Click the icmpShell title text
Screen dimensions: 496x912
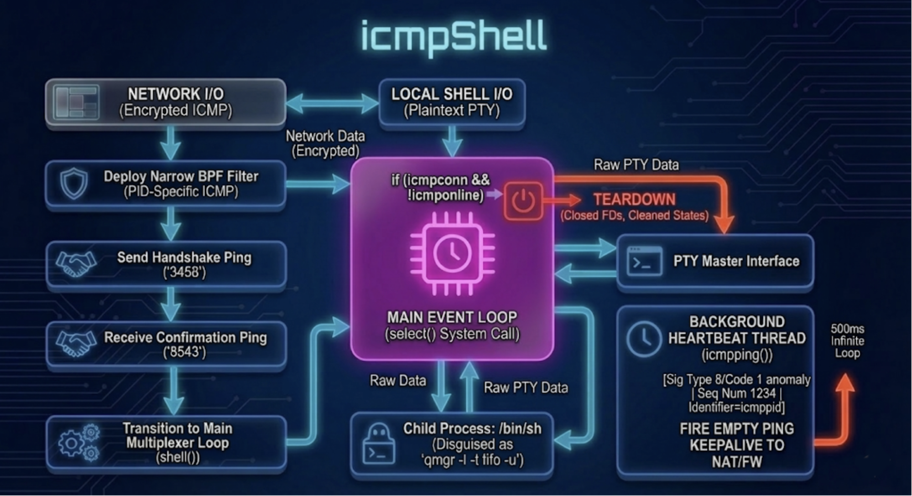[453, 36]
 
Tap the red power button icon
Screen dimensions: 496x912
[523, 201]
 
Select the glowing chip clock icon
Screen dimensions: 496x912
[452, 253]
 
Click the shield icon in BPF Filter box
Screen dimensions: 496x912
[74, 183]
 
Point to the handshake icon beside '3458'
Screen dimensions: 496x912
[76, 264]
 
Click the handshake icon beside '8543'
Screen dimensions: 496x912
[76, 343]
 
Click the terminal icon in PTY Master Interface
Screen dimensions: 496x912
[644, 261]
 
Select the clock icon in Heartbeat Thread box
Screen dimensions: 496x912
[643, 339]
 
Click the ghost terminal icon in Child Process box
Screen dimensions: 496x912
[378, 444]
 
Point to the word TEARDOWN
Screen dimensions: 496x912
[634, 199]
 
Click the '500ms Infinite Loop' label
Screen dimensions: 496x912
[847, 341]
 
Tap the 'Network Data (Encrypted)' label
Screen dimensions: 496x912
[325, 143]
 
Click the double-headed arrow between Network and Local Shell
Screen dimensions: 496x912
[332, 103]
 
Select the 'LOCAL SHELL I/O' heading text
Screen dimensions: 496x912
[452, 94]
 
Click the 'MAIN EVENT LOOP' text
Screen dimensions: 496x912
[452, 317]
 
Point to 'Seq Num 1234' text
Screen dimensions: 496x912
[736, 393]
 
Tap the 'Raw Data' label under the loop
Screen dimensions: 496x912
[398, 381]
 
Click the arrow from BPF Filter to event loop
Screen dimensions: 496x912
[318, 184]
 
